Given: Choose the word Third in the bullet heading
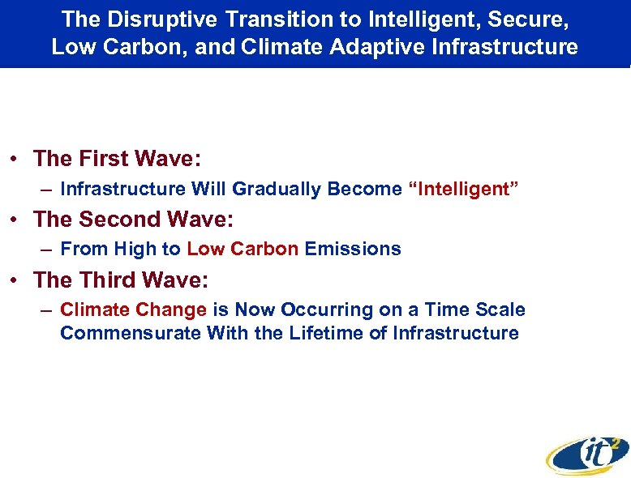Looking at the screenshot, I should coord(111,280).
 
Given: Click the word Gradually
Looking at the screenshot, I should coord(277,189).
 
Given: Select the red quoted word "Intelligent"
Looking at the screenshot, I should coord(463,189).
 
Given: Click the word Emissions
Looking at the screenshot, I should coord(353,249).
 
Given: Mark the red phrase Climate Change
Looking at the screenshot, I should coord(133,309).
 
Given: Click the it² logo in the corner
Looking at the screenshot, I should coord(587,455).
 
